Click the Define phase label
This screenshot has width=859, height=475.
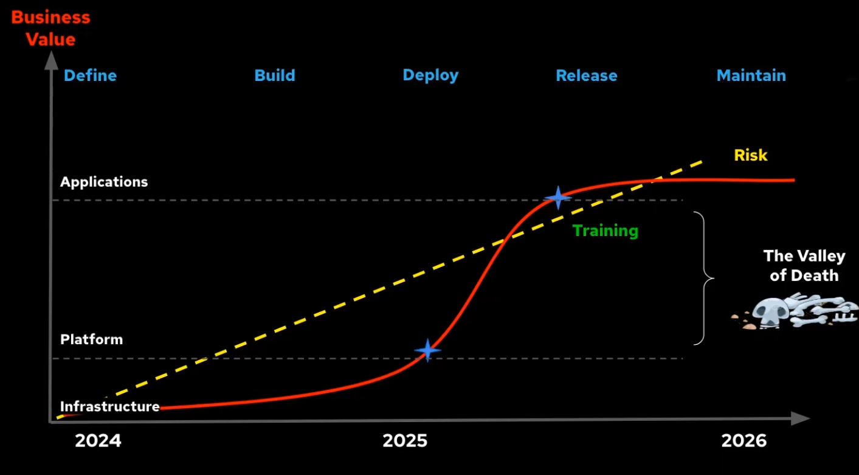[90, 75]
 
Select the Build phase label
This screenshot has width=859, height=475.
[275, 75]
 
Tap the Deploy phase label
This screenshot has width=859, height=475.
[430, 75]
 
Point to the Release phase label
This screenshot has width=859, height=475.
[587, 75]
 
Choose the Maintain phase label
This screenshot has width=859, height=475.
[751, 75]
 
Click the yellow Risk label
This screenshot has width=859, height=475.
[750, 155]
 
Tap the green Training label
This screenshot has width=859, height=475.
[605, 231]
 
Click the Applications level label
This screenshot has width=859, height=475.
[104, 182]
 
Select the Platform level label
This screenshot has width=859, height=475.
[92, 339]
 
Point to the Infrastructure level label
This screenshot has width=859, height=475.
[110, 406]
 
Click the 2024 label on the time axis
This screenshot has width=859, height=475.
[98, 440]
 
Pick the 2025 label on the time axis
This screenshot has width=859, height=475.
[405, 440]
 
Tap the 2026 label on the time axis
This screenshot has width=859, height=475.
[744, 440]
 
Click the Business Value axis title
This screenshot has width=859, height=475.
[50, 29]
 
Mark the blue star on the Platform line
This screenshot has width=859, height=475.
[427, 350]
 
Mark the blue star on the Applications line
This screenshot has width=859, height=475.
[558, 198]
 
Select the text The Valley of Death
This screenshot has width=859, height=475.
[804, 266]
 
